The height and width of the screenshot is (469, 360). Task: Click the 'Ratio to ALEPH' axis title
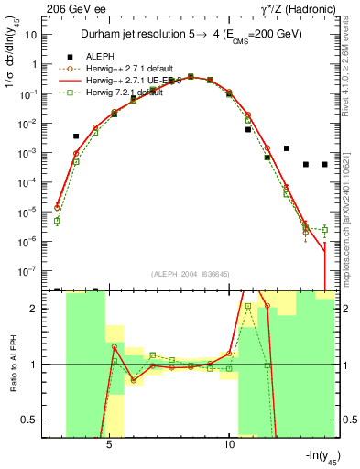[14, 365]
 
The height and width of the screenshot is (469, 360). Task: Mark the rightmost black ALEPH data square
[324, 165]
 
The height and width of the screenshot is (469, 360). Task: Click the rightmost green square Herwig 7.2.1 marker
[324, 229]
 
